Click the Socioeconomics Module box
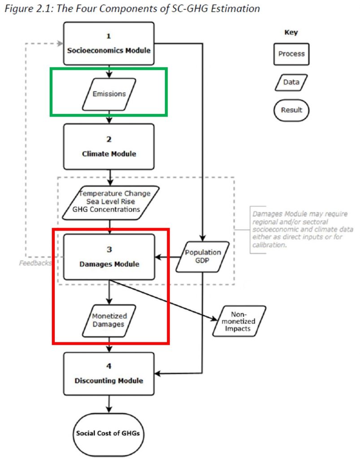pos(109,43)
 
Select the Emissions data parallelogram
pos(109,94)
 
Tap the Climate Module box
pos(109,147)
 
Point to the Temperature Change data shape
pos(111,203)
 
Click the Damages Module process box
pos(109,257)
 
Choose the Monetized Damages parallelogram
pos(109,320)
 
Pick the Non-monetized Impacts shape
pos(239,321)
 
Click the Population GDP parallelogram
pos(203,256)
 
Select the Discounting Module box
pos(109,374)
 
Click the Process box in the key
pos(291,54)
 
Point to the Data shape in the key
pos(291,82)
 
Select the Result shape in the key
pos(291,110)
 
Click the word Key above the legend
pos(291,32)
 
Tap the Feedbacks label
pos(35,263)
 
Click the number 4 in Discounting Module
pos(109,366)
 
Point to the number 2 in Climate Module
pos(109,139)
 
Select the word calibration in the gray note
pos(269,245)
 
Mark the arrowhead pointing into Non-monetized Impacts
pos(215,319)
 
